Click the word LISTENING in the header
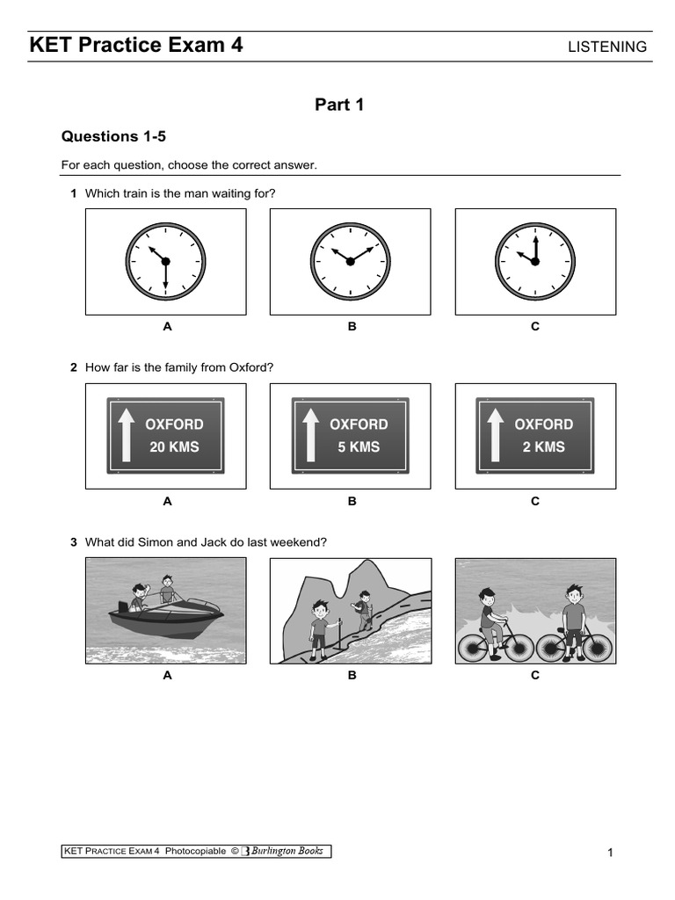[x=607, y=47]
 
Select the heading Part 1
[x=339, y=105]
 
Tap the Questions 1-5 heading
[x=112, y=136]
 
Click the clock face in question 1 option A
[x=165, y=262]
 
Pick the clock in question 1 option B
[x=350, y=262]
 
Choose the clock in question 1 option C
[x=534, y=262]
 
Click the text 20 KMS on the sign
[x=174, y=447]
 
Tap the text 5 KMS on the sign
[x=359, y=447]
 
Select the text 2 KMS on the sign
[x=543, y=447]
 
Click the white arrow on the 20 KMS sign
[x=126, y=435]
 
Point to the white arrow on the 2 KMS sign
[x=495, y=435]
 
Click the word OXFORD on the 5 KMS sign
[x=359, y=425]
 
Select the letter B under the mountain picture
[x=352, y=676]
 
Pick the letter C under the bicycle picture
[x=535, y=676]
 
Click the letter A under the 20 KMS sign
[x=167, y=502]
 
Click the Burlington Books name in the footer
[x=287, y=851]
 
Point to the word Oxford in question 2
[x=250, y=367]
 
